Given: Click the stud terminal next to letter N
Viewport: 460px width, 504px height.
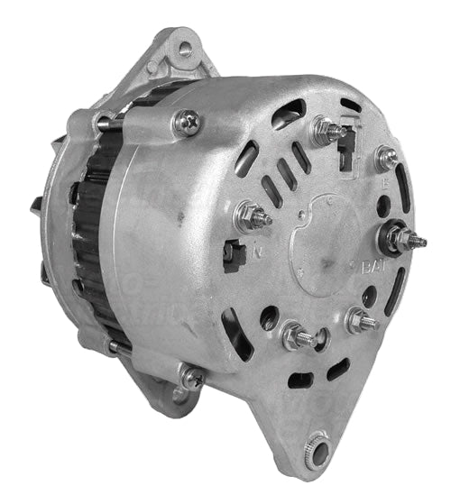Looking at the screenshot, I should click(x=252, y=216).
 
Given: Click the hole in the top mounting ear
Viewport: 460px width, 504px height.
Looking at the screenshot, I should click(x=184, y=48).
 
